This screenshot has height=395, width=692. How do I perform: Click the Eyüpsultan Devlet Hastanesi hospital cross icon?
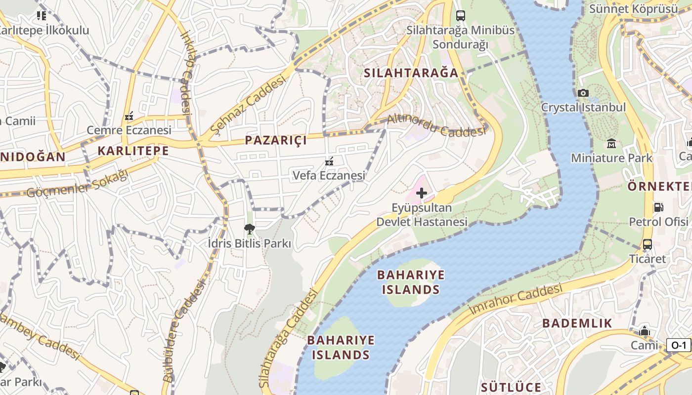click(x=421, y=193)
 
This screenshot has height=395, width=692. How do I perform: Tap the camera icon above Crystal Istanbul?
click(x=583, y=93)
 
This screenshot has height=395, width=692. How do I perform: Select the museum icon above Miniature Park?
click(x=611, y=144)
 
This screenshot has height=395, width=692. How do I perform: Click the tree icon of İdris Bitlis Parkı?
click(x=249, y=229)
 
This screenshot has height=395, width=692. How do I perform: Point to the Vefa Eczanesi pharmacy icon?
click(x=329, y=161)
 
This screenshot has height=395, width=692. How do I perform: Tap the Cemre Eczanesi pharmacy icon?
click(x=129, y=117)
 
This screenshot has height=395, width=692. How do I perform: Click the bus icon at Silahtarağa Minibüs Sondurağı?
click(x=460, y=15)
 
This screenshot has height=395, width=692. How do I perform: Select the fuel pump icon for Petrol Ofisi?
click(x=658, y=207)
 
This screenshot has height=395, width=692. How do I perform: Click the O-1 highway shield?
click(x=679, y=345)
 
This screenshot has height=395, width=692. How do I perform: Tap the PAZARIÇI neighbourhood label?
click(x=276, y=140)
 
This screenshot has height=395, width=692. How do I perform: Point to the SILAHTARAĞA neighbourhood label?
click(x=411, y=73)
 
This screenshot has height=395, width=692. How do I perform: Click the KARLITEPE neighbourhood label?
click(x=133, y=151)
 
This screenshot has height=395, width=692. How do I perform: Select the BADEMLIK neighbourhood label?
click(x=577, y=323)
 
